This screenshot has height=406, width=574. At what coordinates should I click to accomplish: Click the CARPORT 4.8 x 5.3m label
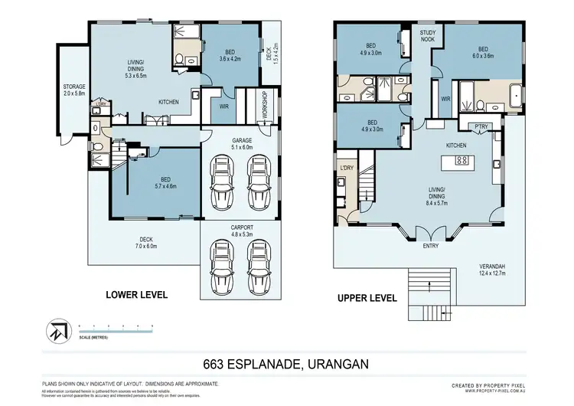238,230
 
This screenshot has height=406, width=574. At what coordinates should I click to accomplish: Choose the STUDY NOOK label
427,36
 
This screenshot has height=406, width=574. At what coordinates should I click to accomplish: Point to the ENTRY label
431,246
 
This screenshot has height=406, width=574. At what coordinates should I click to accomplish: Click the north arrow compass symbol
57,331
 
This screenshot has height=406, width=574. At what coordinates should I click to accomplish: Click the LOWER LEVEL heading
137,294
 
